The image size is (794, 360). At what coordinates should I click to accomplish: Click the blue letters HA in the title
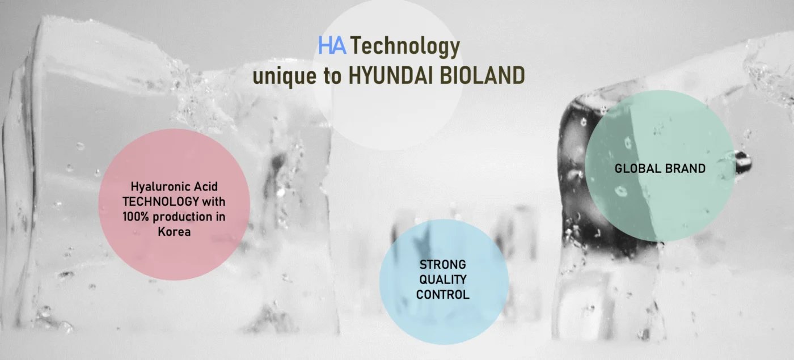pos(332,45)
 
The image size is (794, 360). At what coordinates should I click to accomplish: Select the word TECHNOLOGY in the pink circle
pos(161,202)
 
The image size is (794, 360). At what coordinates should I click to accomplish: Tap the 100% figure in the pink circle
pos(136,217)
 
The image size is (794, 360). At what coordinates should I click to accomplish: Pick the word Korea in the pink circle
pos(174,232)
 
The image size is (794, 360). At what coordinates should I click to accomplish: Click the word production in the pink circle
pos(183,217)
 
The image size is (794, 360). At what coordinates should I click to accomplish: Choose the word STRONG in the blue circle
pos(443,265)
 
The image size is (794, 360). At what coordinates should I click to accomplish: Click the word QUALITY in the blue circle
pos(443,279)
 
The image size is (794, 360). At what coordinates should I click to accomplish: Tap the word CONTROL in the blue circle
pos(443,294)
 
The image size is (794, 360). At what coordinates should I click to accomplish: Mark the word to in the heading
pos(332,76)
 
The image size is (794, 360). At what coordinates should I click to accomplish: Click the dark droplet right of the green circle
pos(743,162)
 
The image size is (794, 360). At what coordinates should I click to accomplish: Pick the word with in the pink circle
pos(214,202)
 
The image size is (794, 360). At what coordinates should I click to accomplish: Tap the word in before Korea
pos(221,217)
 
